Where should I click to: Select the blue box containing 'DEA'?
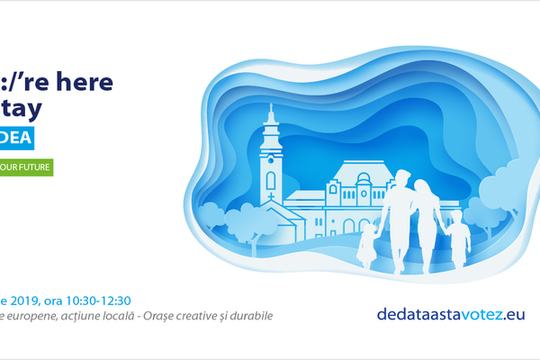[23, 139]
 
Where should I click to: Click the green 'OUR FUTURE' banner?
[26, 166]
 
